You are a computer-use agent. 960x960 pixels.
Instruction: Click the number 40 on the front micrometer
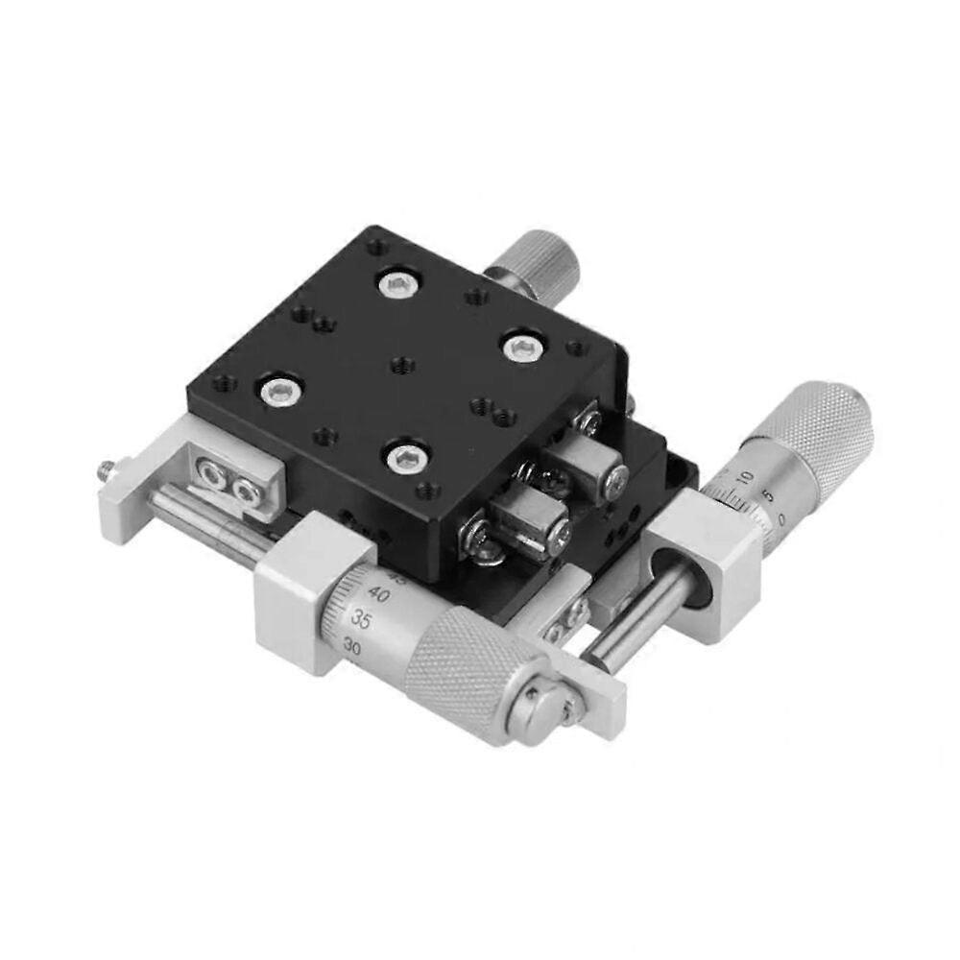[379, 596]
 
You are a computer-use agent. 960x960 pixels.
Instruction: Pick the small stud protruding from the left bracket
[105, 471]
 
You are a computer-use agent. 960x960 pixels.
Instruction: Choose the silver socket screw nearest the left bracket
[277, 390]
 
